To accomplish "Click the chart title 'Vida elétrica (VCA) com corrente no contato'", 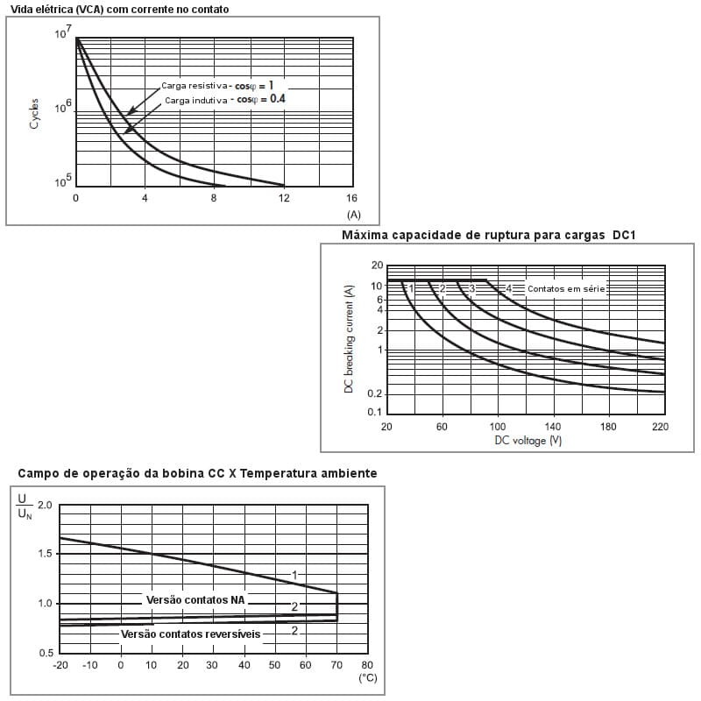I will click(119, 9).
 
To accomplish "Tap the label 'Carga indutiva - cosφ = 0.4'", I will click(225, 100).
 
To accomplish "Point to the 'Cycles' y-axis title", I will click(34, 114).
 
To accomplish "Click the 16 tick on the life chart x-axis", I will click(352, 198).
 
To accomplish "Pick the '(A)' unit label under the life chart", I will click(353, 214).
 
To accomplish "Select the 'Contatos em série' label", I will click(566, 288).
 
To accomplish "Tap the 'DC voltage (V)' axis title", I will click(528, 440).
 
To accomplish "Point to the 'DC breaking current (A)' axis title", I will click(348, 338).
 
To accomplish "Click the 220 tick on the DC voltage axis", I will click(660, 426).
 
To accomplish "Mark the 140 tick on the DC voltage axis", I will click(552, 426).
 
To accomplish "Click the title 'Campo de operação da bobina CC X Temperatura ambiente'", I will click(198, 473).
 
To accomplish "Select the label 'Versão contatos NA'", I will click(195, 600).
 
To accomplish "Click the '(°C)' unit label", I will click(367, 678).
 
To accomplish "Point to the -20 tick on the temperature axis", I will click(60, 665).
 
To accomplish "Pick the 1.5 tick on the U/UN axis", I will click(45, 554).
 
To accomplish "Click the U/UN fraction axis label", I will click(24, 506).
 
